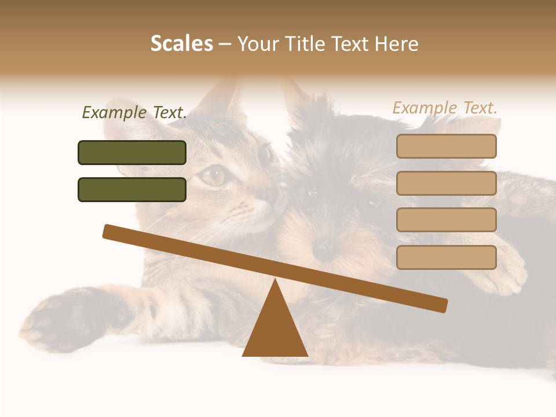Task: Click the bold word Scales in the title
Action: click(x=181, y=43)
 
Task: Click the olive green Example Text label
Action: click(x=134, y=113)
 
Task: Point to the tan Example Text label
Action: click(x=445, y=108)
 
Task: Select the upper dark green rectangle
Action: click(x=132, y=152)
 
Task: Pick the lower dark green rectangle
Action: click(x=132, y=189)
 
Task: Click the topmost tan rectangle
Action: click(x=446, y=146)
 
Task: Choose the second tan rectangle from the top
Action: click(x=446, y=183)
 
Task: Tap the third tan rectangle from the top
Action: click(x=446, y=220)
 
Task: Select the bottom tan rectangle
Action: click(x=446, y=257)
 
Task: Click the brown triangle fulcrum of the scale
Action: click(x=275, y=330)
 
